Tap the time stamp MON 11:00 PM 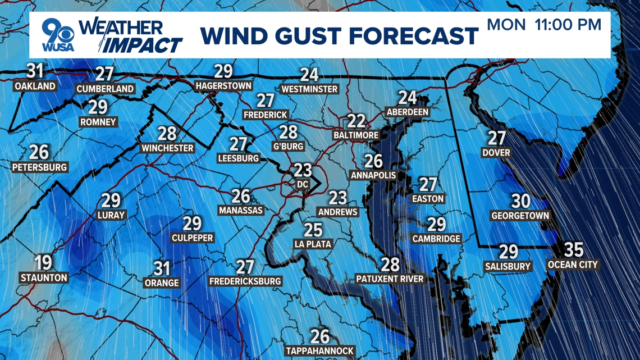pyautogui.click(x=544, y=25)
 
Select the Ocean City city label pyautogui.click(x=573, y=265)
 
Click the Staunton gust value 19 pyautogui.click(x=44, y=263)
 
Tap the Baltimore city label pyautogui.click(x=356, y=135)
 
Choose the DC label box pyautogui.click(x=303, y=184)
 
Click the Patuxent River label pyautogui.click(x=390, y=279)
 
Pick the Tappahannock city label pyautogui.click(x=320, y=350)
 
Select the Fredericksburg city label pyautogui.click(x=245, y=281)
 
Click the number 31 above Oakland pyautogui.click(x=35, y=71)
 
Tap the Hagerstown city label pyautogui.click(x=223, y=86)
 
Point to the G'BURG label pyautogui.click(x=289, y=147)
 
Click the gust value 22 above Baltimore pyautogui.click(x=356, y=121)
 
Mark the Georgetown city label pyautogui.click(x=520, y=216)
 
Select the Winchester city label pyautogui.click(x=167, y=148)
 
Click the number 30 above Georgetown pyautogui.click(x=520, y=200)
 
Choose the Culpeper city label pyautogui.click(x=192, y=238)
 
